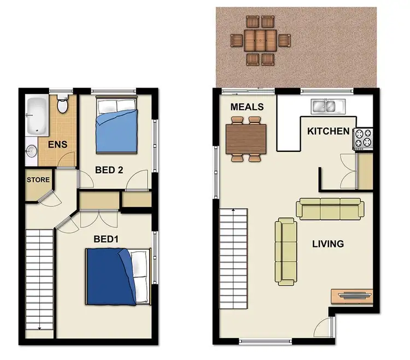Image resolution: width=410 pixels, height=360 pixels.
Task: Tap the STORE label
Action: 38,180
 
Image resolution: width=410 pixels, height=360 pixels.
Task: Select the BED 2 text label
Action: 109,170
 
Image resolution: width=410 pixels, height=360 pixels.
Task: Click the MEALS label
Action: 247,107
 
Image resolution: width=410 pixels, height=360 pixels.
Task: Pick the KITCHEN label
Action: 328,131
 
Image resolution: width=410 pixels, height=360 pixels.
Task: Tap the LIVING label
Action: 327,244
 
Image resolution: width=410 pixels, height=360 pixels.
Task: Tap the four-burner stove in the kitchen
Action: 363,138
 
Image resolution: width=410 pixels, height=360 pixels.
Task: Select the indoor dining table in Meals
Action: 246,139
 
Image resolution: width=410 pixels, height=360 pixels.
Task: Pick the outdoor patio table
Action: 260,40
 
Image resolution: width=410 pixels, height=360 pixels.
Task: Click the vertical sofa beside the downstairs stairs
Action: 285,251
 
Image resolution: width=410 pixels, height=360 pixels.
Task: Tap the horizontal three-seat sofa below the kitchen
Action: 330,209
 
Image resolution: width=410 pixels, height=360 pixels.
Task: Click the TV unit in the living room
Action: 352,296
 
